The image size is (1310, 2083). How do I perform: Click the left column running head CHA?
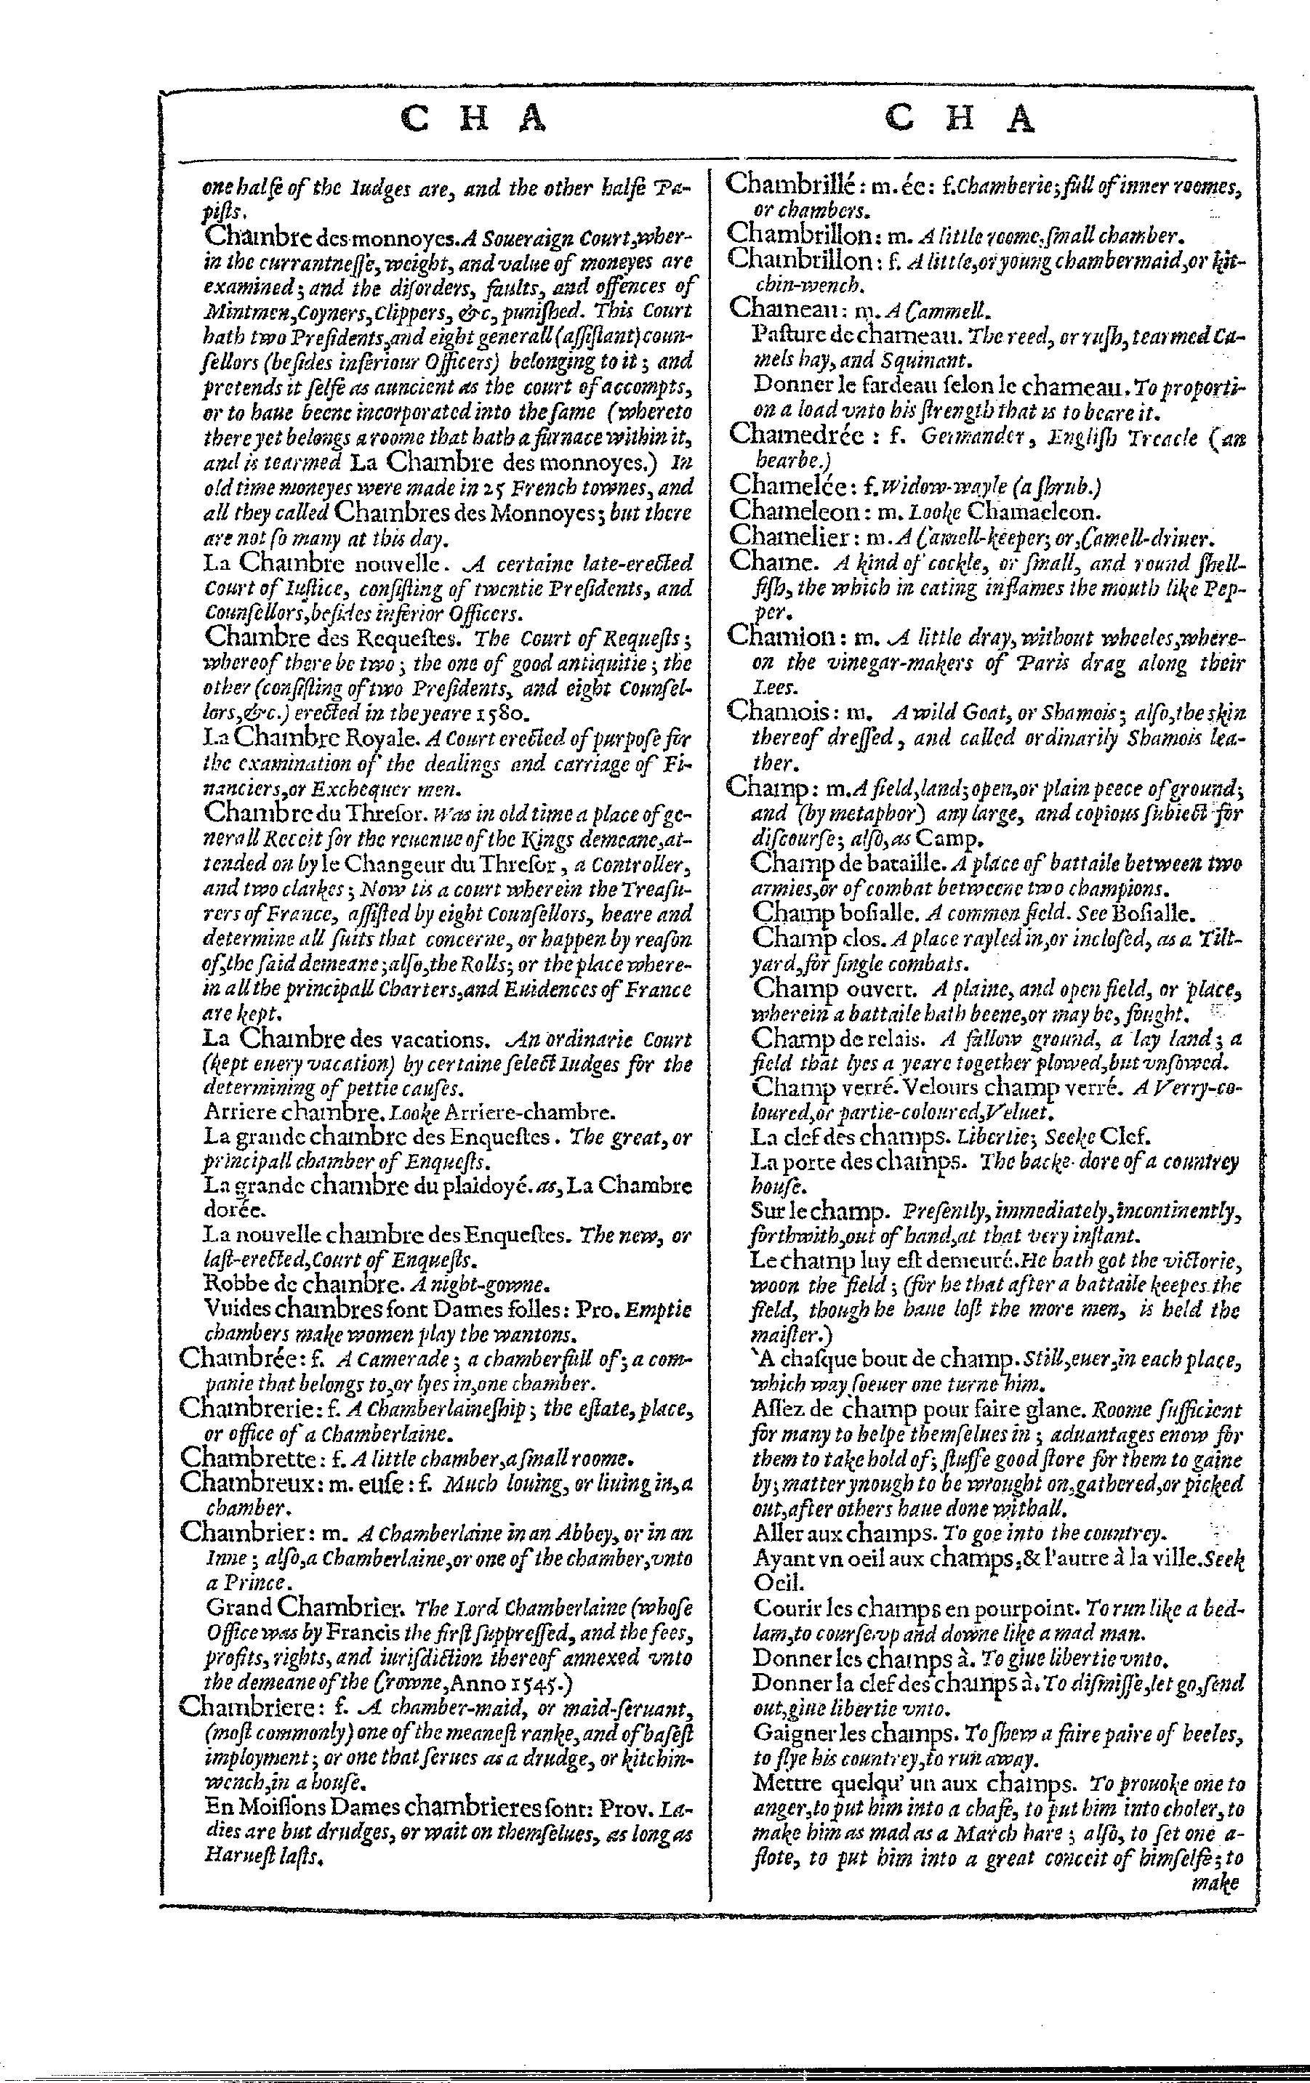(x=475, y=119)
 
